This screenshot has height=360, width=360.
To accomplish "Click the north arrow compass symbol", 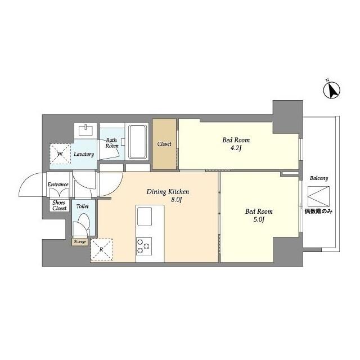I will click(332, 89).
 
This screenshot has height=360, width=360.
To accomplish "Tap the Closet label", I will click(164, 144).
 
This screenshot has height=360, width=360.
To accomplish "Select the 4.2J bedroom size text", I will click(236, 150).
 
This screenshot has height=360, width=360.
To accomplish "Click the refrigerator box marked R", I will click(101, 250).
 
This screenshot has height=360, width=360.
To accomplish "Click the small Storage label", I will click(79, 242).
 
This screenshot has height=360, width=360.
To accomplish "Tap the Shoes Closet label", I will click(59, 205).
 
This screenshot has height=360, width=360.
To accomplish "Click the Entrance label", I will click(58, 184).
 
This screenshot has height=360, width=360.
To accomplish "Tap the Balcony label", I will click(319, 178).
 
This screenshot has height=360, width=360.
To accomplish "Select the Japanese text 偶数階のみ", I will click(319, 211).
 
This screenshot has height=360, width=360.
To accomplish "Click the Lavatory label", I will click(83, 154).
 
